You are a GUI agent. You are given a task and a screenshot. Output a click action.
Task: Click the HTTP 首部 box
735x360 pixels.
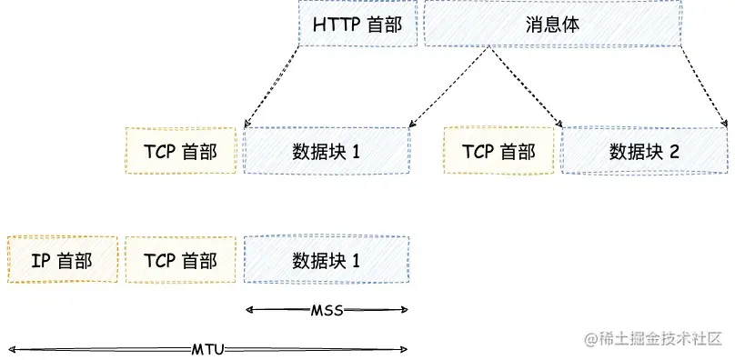pos(357,24)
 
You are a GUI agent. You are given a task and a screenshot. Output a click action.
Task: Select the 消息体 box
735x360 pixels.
pos(552,24)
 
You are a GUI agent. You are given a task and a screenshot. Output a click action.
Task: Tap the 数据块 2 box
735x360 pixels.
pos(644,151)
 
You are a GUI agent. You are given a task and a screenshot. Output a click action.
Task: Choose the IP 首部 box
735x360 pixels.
pos(62,261)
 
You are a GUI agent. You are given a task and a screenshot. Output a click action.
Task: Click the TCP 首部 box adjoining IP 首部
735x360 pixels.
pos(180,261)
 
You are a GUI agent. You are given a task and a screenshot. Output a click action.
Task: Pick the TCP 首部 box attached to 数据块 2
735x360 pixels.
pos(498,151)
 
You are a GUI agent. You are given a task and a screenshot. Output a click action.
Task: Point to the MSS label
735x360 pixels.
pos(327,311)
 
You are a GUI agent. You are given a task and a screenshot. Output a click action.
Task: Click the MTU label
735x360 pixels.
pos(207,349)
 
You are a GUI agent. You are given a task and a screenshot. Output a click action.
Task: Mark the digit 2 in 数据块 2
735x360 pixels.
pos(674,151)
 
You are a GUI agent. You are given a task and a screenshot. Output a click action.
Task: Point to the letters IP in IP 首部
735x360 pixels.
pos(40,261)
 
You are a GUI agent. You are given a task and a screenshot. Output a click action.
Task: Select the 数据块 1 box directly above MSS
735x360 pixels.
pos(327,261)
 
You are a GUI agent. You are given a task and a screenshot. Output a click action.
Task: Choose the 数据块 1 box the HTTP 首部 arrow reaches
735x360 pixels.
pos(327,151)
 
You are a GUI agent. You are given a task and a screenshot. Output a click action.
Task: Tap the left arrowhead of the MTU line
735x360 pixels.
pos(11,349)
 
